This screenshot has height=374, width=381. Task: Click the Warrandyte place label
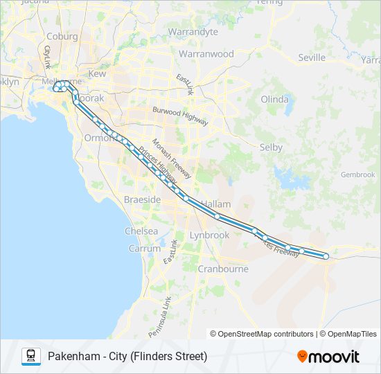coord(193,32)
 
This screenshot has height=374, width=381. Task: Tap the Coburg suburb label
coord(62,37)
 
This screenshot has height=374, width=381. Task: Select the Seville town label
coord(311,57)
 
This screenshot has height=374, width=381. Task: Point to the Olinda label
coord(274,99)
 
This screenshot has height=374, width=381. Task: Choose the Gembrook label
coord(357,175)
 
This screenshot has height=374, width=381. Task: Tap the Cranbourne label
coord(222,269)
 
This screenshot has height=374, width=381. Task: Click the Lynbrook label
coord(209,235)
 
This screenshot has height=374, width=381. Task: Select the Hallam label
coord(215,204)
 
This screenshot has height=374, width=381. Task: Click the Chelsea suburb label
coord(141,231)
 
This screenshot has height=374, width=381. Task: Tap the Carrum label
coord(144,248)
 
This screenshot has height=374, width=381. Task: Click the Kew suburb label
coord(97,73)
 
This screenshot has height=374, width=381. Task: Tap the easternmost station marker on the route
coord(326,257)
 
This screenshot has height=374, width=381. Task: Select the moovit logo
coord(328,356)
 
